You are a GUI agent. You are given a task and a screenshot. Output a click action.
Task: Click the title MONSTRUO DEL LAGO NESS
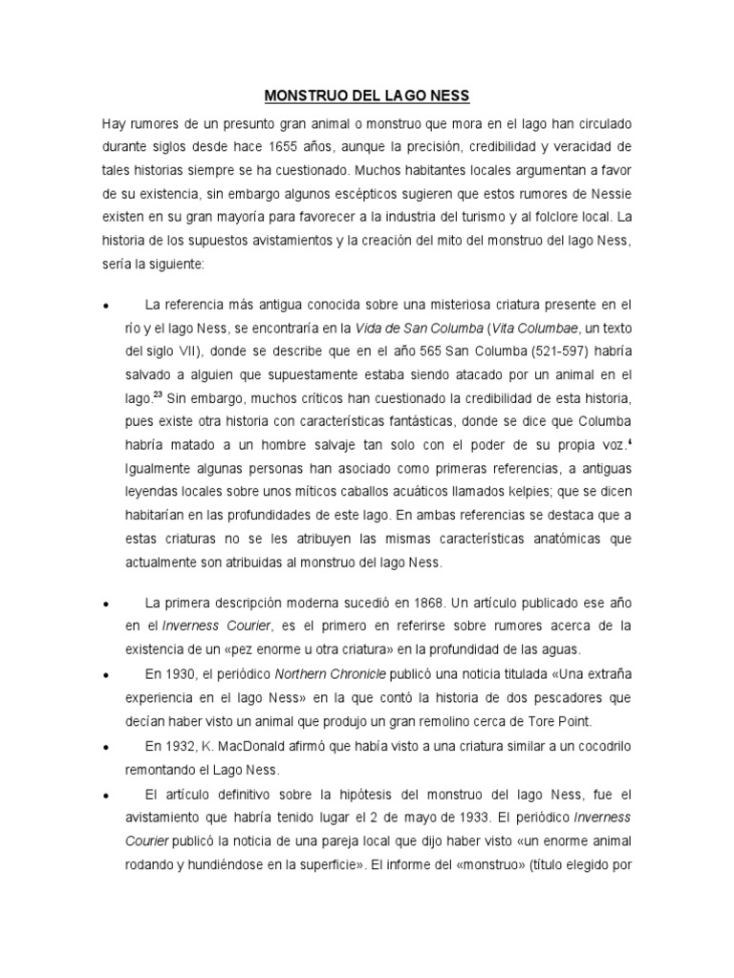click(366, 96)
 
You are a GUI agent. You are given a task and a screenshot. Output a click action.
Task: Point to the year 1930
click(178, 673)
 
